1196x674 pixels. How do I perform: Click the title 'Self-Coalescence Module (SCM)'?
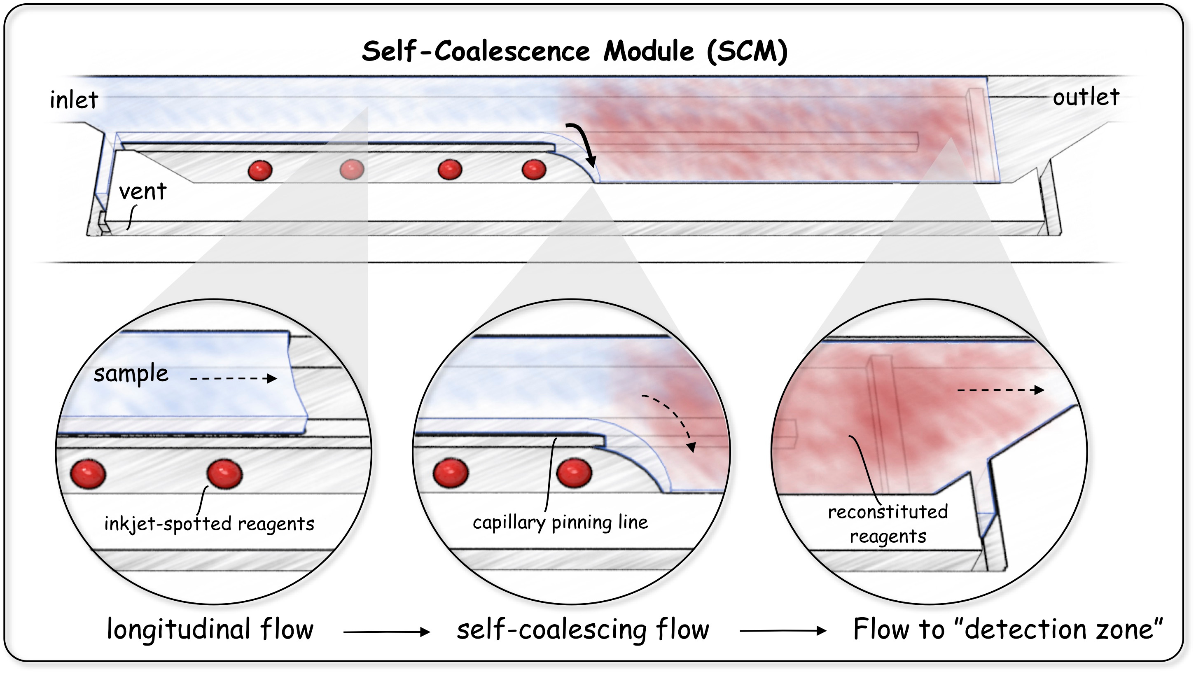(x=575, y=51)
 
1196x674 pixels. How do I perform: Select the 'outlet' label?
(x=1086, y=98)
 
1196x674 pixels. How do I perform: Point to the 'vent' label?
(x=142, y=191)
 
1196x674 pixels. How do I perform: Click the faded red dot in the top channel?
(x=352, y=170)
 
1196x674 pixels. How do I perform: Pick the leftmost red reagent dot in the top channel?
(x=260, y=170)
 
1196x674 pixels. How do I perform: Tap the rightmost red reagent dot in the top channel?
(x=534, y=170)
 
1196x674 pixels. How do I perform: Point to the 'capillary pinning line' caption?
(x=560, y=522)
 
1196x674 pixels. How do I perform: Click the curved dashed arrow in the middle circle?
(x=673, y=418)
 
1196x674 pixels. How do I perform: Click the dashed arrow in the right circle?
(x=1000, y=390)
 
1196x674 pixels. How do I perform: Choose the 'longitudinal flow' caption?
(x=210, y=630)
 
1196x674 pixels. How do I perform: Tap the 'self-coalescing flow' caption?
(x=583, y=630)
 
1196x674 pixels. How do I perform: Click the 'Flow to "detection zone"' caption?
(x=1007, y=630)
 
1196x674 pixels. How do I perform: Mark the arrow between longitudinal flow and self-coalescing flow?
(x=386, y=632)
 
